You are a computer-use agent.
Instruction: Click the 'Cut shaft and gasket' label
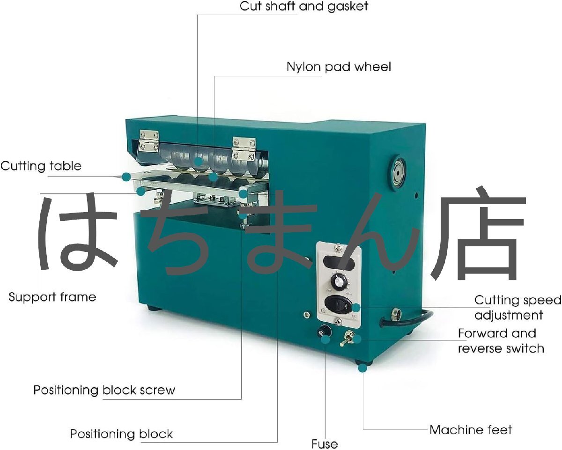coord(304,6)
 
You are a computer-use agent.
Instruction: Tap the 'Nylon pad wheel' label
coord(339,67)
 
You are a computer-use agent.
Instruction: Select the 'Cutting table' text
coord(41,166)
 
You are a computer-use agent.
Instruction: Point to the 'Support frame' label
coord(52,297)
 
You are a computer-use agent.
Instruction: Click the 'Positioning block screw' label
coord(104,390)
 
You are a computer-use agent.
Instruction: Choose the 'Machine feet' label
coord(471,430)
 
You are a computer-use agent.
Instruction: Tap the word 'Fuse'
coord(325,443)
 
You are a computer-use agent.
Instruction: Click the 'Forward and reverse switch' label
coord(501,341)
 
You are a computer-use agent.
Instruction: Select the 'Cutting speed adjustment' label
coord(517,307)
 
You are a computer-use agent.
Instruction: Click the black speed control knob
coord(337,281)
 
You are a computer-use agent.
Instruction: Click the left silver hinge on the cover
coord(149,142)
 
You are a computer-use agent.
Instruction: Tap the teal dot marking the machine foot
coord(362,368)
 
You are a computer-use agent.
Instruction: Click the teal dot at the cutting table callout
coord(126,177)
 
